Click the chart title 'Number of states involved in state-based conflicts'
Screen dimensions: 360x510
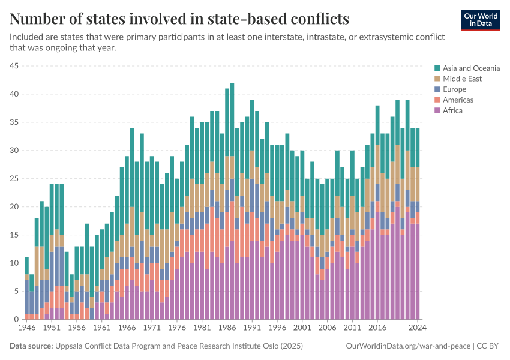pyautogui.click(x=179, y=19)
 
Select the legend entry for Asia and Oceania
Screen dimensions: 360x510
pyautogui.click(x=471, y=68)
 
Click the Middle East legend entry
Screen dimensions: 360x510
pyautogui.click(x=462, y=79)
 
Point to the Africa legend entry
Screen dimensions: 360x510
pyautogui.click(x=453, y=110)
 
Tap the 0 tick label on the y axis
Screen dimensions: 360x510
pyautogui.click(x=17, y=319)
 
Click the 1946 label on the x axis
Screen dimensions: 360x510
pyautogui.click(x=26, y=328)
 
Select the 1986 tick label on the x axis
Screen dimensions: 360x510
pyautogui.click(x=227, y=328)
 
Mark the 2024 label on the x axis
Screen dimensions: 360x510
pyautogui.click(x=418, y=328)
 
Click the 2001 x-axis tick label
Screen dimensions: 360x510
pyautogui.click(x=302, y=328)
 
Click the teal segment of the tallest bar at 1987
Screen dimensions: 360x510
pyautogui.click(x=232, y=120)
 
